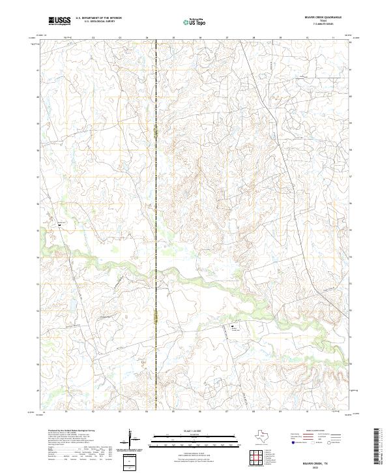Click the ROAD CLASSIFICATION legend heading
tap(315, 431)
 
